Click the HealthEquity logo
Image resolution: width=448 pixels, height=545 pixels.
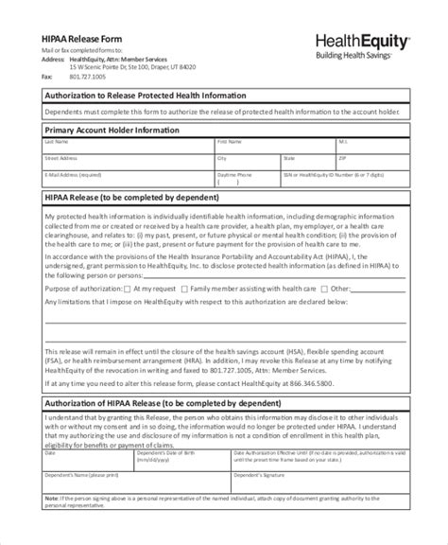tap(361, 41)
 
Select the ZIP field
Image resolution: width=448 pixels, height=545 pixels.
tap(371, 164)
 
